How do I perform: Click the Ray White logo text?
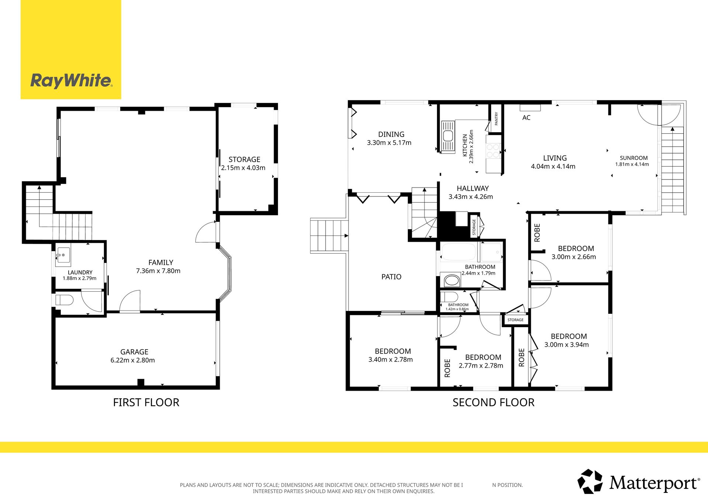click(x=71, y=80)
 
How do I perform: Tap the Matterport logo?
click(x=638, y=481)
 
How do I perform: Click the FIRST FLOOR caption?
click(x=146, y=402)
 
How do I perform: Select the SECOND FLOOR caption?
click(x=493, y=402)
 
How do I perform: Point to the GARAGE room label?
click(x=134, y=352)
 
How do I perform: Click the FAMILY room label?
click(x=161, y=262)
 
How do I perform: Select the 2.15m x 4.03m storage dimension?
click(x=243, y=168)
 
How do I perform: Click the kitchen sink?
click(x=448, y=136)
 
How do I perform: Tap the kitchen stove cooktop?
click(x=493, y=151)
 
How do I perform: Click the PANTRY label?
click(x=496, y=119)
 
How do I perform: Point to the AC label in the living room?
click(x=526, y=118)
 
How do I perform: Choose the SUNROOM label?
click(x=634, y=158)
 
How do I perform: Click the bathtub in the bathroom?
click(x=459, y=252)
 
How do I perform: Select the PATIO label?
click(x=391, y=277)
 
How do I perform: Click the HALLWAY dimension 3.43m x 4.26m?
click(x=471, y=197)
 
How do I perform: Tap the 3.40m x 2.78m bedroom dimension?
click(x=391, y=360)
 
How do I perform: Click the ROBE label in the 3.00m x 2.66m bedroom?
click(x=537, y=233)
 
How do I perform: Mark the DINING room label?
click(x=391, y=134)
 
